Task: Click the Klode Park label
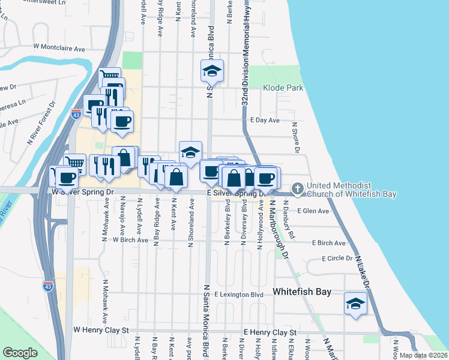283,88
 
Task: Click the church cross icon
297,189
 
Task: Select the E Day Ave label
265,120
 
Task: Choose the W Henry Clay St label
101,330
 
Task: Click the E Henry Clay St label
270,332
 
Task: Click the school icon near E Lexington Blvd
355,304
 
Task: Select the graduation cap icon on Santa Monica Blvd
212,71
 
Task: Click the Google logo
20,353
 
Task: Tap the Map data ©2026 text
423,355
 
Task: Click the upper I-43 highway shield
76,114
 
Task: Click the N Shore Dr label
296,137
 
